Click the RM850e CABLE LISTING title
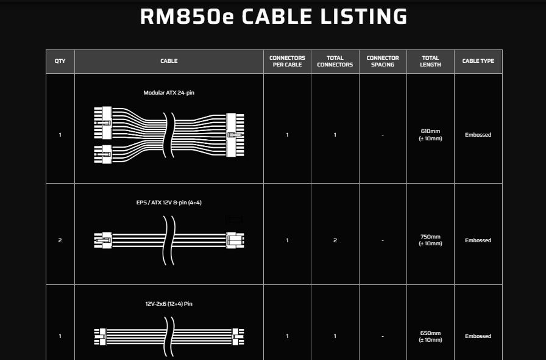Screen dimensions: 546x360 [274, 16]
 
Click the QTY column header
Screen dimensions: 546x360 [60, 61]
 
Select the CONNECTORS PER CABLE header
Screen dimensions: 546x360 [287, 61]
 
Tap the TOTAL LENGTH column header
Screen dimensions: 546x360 [430, 61]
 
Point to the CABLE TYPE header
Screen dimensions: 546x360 [478, 61]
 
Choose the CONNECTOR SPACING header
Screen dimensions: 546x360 [383, 61]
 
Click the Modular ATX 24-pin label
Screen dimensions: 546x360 [169, 93]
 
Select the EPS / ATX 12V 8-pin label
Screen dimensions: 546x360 [169, 203]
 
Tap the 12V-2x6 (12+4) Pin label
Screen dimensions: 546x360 [169, 304]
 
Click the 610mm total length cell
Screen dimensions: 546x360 [430, 135]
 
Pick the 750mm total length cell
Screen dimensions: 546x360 [430, 240]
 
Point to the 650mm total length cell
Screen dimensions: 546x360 [430, 336]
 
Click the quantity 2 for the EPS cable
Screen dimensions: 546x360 [60, 240]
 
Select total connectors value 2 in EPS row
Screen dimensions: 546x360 [335, 240]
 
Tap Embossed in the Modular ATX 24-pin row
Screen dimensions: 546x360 [478, 135]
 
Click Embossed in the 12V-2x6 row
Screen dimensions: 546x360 [478, 336]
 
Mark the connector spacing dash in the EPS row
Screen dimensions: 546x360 [383, 240]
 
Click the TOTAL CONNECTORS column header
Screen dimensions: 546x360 [335, 61]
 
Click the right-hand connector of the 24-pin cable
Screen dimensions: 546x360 [235, 135]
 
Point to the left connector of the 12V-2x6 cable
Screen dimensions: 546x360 [100, 337]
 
